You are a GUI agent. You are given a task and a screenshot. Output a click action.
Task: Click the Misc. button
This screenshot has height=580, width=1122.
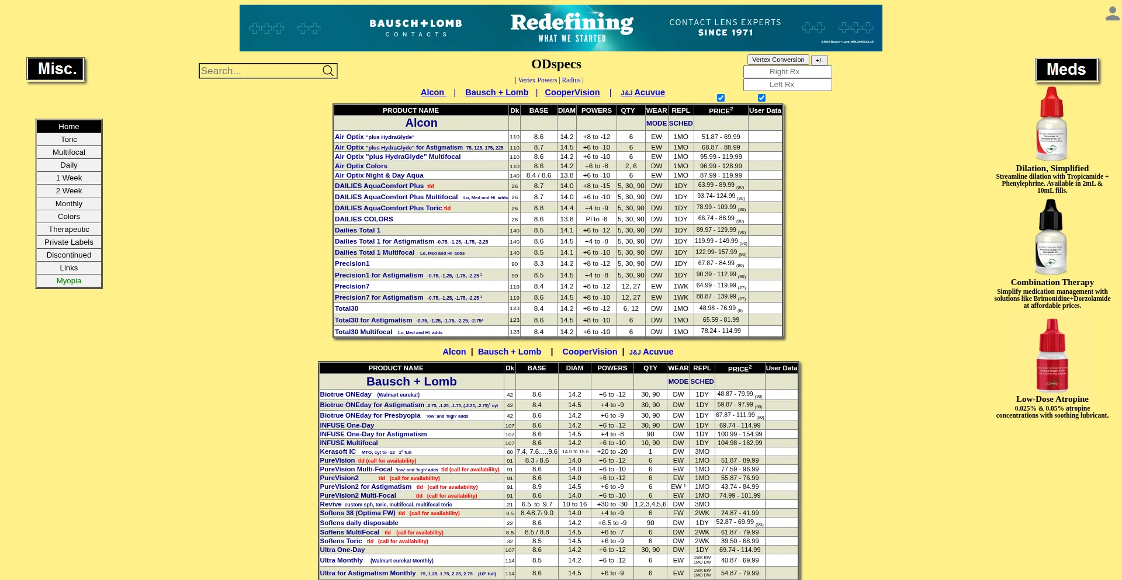[56, 70]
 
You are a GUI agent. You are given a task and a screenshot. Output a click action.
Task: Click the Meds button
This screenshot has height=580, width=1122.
[1066, 70]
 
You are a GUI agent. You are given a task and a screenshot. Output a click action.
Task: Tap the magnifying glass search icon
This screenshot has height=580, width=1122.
[328, 71]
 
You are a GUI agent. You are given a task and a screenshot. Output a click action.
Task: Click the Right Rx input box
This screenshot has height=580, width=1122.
[787, 72]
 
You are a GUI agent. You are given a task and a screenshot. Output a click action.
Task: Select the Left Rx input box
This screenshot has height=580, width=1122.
[787, 85]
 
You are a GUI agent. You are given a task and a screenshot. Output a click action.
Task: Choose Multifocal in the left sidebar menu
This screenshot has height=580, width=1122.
[69, 152]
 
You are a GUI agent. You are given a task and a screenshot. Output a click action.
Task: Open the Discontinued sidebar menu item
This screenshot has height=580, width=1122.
[69, 255]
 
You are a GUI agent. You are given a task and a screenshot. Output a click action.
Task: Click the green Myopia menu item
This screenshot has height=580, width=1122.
[69, 281]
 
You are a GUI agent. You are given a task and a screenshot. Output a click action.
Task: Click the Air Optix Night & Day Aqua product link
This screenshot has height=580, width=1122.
[379, 175]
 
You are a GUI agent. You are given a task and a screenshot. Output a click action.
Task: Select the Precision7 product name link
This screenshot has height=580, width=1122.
[352, 286]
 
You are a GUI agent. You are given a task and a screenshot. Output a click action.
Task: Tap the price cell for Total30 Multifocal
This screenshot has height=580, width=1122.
[721, 331]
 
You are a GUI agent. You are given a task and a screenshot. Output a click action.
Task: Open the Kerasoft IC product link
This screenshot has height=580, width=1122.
[338, 452]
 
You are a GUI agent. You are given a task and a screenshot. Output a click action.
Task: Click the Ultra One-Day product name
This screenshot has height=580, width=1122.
[342, 550]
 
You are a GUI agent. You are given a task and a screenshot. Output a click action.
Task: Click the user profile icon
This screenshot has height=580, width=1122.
[1112, 14]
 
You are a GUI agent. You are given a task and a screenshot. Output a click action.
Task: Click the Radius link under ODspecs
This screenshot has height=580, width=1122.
[571, 80]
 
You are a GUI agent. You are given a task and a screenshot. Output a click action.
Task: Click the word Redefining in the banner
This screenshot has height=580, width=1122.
[572, 23]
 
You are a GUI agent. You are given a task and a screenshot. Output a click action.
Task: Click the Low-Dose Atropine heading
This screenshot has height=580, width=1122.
[1052, 400]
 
